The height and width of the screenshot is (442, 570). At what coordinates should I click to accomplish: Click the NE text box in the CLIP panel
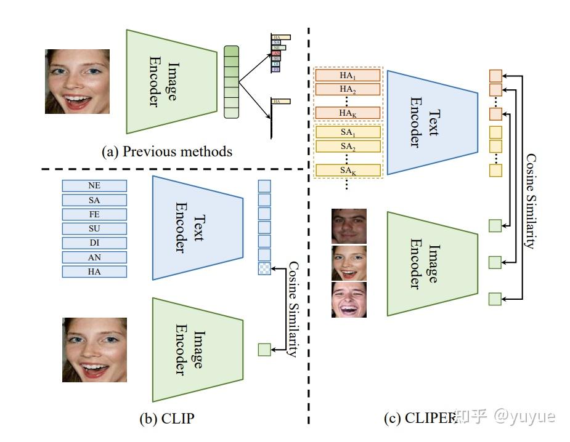(x=94, y=186)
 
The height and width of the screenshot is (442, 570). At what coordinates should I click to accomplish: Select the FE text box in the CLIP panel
(x=94, y=214)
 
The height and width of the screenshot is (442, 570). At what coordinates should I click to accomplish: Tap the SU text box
(x=94, y=228)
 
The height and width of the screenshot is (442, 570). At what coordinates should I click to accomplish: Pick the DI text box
(x=94, y=243)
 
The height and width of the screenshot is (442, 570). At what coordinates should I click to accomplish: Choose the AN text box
(x=94, y=257)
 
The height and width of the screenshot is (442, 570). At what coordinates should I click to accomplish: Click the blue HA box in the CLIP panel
(x=94, y=271)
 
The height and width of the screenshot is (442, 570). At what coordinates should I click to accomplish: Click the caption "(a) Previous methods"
(x=166, y=151)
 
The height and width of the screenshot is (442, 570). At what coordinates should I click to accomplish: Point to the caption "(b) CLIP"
(x=168, y=419)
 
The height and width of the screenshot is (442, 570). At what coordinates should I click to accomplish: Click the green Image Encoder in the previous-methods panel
(x=172, y=81)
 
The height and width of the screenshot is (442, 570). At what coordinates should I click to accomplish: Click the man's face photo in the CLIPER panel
(x=349, y=226)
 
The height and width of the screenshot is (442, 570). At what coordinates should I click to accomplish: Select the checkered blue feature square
(x=264, y=268)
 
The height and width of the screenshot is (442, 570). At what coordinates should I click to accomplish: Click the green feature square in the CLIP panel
(x=264, y=350)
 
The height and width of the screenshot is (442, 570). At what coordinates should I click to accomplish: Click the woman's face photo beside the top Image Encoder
(x=77, y=81)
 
